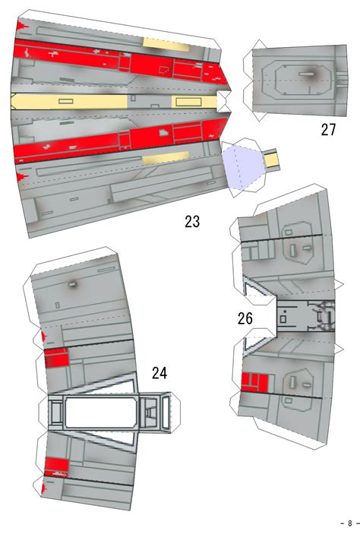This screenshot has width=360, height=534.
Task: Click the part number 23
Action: point(192,222)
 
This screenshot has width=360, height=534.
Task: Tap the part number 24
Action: point(159,372)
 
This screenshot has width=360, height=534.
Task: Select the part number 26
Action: point(245,318)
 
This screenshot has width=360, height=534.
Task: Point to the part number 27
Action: point(328,130)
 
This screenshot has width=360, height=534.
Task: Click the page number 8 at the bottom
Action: point(349,523)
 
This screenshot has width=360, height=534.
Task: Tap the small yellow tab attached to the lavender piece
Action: point(272,160)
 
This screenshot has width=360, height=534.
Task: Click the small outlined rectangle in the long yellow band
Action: point(65,101)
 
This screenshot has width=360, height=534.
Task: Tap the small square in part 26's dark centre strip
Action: point(283,320)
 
